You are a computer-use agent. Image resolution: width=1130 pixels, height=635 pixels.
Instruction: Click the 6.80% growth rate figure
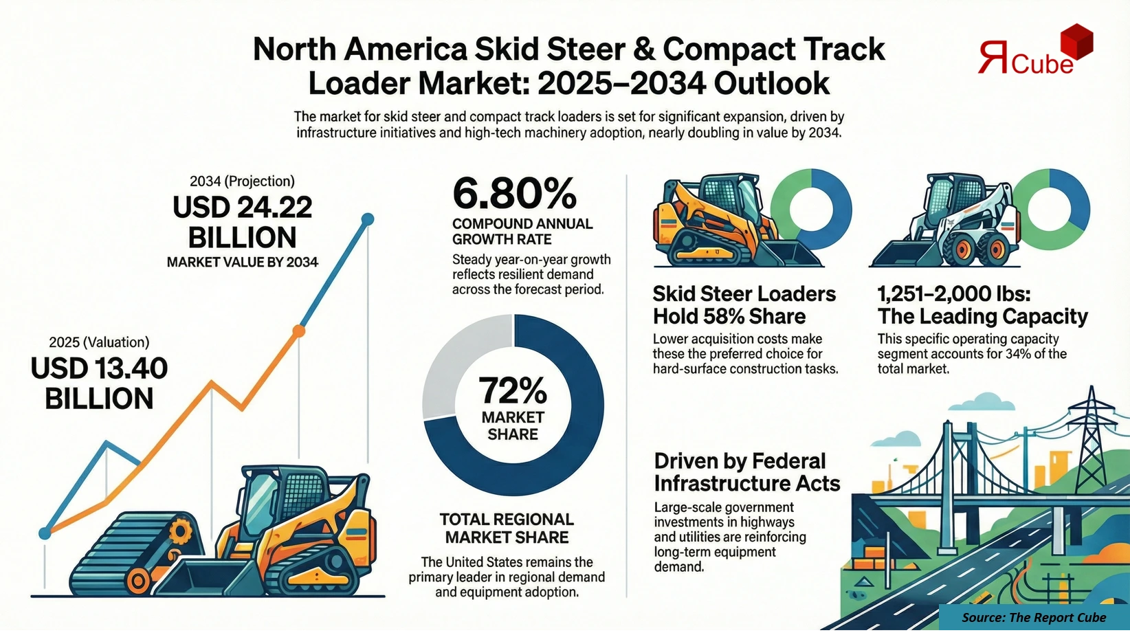[x=514, y=194]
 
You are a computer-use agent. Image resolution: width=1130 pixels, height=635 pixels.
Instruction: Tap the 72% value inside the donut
[x=513, y=390]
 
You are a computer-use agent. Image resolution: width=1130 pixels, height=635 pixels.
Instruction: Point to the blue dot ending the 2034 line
[x=368, y=219]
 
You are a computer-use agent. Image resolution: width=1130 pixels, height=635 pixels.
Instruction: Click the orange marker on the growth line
[x=298, y=331]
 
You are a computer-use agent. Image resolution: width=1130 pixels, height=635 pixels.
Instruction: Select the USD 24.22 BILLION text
[x=242, y=222]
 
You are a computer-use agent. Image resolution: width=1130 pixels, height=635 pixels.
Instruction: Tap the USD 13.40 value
[x=99, y=369]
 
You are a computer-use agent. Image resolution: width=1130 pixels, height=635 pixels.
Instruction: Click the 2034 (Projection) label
[x=242, y=181]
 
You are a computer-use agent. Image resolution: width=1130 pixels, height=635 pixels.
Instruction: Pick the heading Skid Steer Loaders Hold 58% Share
[x=744, y=305]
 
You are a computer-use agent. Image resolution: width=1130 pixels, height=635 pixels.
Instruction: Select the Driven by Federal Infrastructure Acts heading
[x=746, y=472]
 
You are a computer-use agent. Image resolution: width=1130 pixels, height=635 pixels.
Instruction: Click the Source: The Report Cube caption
[x=1034, y=617]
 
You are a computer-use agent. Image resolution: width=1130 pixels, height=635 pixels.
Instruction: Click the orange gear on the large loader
[x=181, y=531]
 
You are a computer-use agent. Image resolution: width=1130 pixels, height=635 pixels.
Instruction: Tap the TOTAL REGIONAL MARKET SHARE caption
[x=507, y=528]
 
